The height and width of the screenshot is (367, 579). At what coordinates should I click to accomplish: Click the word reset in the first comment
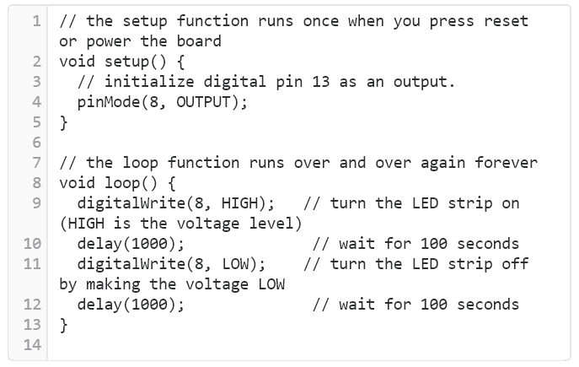pos(506,20)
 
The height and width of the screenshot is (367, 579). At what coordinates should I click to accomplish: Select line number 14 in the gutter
pos(33,345)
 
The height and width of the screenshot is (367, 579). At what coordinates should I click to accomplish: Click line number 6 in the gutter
pos(37,143)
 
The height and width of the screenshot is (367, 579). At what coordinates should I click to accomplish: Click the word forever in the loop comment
pos(506,162)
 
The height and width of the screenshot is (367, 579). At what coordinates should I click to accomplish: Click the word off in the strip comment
pos(514,264)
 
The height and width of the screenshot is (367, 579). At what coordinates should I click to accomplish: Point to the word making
pos(114,284)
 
